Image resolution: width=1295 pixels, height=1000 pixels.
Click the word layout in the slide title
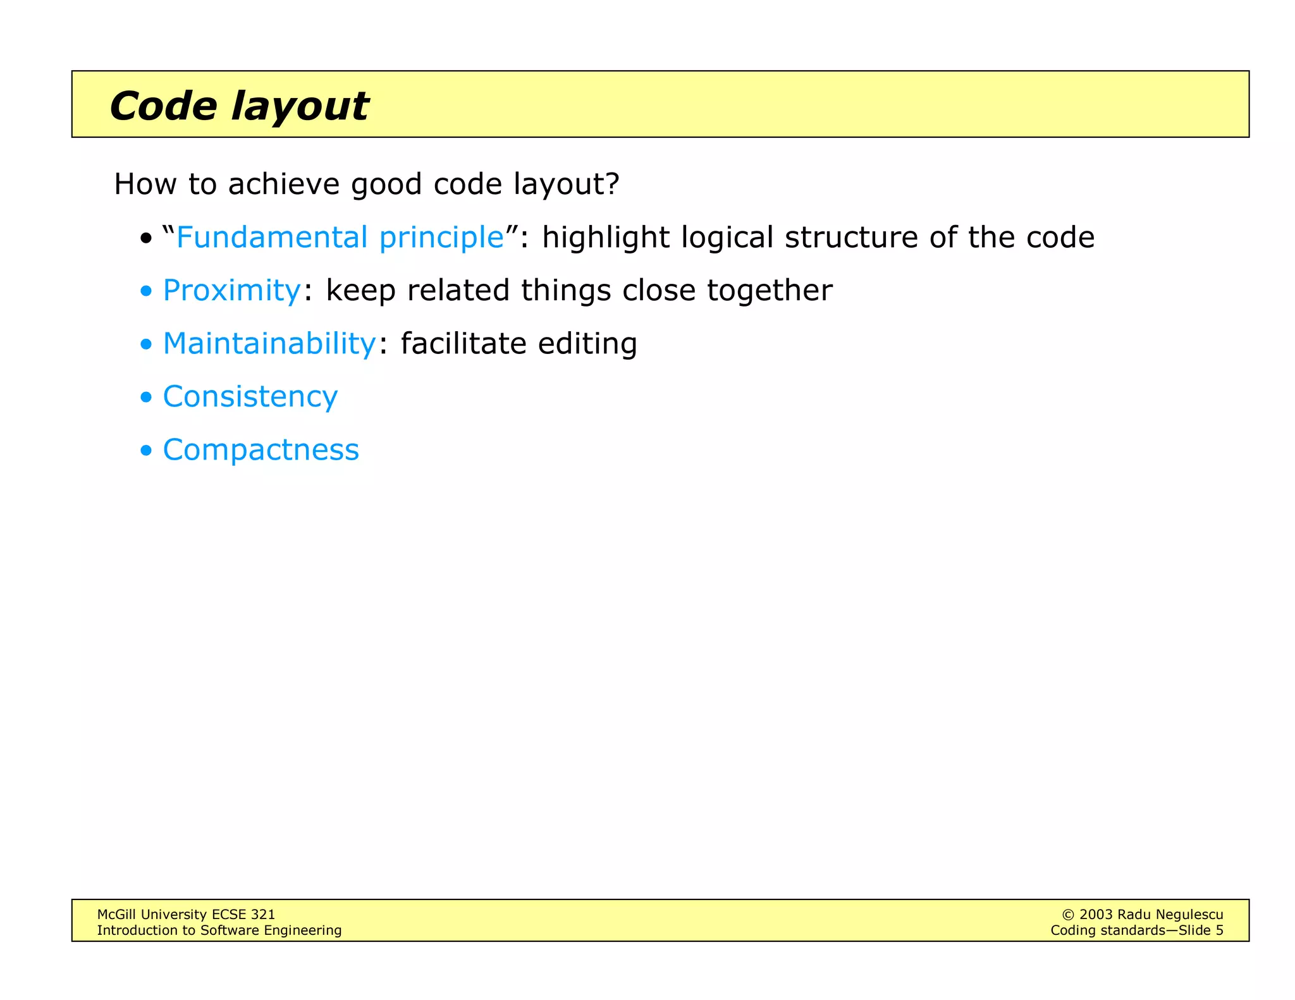(300, 107)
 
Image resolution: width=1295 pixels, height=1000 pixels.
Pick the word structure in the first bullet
(850, 238)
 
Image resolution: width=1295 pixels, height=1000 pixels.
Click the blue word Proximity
(231, 291)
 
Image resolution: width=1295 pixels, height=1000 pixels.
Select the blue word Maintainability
(269, 345)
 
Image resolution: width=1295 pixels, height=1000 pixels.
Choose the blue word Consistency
(250, 398)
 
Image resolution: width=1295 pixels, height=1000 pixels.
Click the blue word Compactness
(261, 451)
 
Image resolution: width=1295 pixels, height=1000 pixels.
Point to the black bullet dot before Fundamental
(146, 239)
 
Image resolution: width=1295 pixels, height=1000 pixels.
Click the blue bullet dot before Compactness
(146, 451)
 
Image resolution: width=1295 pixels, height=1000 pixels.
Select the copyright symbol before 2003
(1067, 915)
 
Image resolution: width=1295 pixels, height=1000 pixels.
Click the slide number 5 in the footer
(1219, 930)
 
